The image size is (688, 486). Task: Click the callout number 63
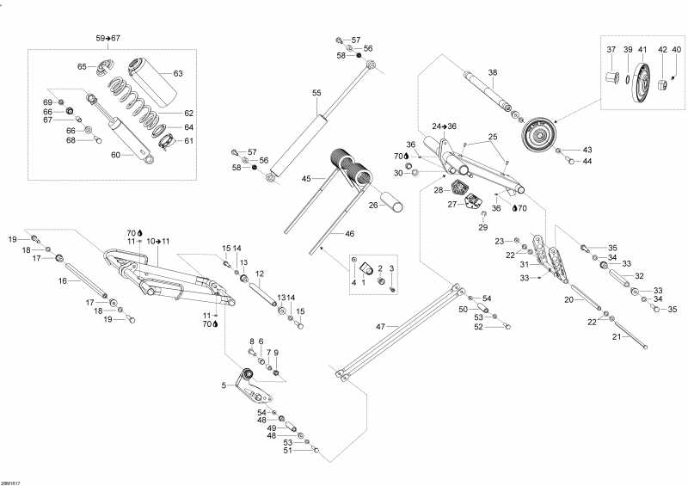click(x=178, y=73)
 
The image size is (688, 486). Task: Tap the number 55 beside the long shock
click(x=316, y=92)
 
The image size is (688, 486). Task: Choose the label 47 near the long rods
click(x=380, y=327)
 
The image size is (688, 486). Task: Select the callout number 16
click(x=63, y=280)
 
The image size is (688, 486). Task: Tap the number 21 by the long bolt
click(x=615, y=336)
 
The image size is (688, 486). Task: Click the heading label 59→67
click(x=108, y=39)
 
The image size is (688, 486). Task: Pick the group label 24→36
click(x=445, y=126)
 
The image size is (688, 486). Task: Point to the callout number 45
click(x=305, y=179)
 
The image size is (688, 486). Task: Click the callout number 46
click(x=325, y=233)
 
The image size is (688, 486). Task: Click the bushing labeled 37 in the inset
click(x=611, y=79)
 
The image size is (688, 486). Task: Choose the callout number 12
click(x=259, y=274)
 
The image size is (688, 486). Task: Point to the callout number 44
click(x=588, y=162)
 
